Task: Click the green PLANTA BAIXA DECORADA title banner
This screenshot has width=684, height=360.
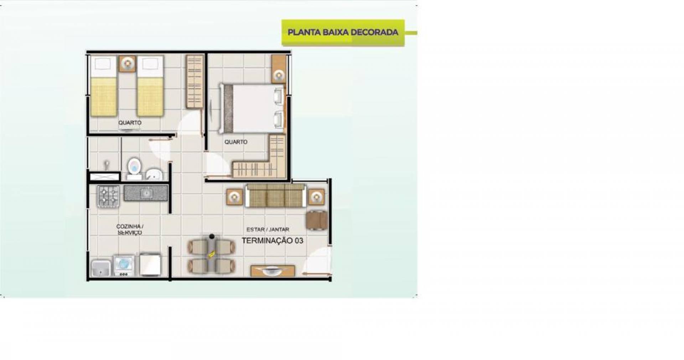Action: coord(343,32)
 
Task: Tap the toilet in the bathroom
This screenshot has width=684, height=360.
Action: coord(134,168)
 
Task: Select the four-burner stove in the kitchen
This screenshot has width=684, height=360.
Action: coord(108,196)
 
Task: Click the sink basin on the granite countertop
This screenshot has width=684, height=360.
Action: coord(146,193)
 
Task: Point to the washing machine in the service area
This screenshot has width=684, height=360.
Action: coord(124,265)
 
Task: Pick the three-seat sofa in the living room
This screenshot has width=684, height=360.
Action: coord(275,196)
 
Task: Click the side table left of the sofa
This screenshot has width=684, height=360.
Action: coord(234,197)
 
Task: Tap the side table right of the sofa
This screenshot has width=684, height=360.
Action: coord(316,197)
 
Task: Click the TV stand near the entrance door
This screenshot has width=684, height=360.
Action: coord(273,271)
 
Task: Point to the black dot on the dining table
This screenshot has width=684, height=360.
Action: coord(212,236)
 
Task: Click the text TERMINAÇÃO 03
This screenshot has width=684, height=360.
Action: coord(273,241)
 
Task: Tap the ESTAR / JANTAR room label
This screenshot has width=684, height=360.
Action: coord(268,230)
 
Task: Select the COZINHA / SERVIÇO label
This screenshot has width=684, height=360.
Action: coord(130,230)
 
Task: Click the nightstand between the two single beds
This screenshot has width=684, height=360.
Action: coord(127,64)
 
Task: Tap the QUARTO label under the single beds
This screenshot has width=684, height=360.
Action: coord(130,123)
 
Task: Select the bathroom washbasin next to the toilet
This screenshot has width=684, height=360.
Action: coord(154,174)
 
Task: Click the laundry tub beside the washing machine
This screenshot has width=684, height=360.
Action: coord(101,268)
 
